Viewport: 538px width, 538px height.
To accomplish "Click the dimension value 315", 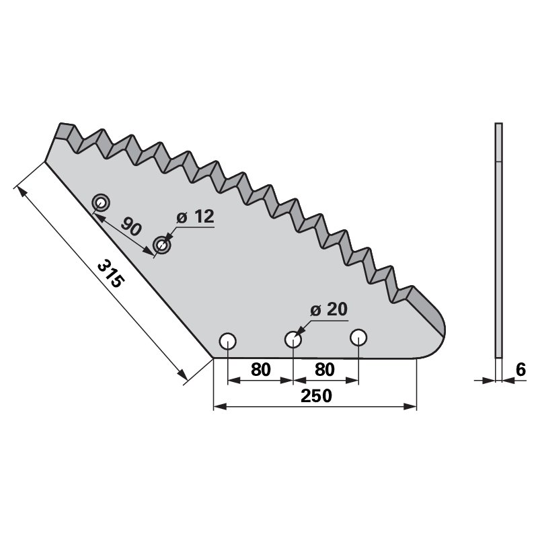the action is click(x=110, y=274).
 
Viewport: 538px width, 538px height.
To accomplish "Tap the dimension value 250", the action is click(x=316, y=395).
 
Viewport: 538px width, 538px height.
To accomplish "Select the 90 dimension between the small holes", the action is click(x=131, y=226).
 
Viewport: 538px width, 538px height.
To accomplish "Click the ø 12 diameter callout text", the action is click(x=195, y=217).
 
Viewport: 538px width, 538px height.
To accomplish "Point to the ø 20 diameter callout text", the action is click(x=329, y=310).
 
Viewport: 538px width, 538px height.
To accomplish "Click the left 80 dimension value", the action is click(x=261, y=370).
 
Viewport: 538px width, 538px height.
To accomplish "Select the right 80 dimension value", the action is click(x=325, y=370).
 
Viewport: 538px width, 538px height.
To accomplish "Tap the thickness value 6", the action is click(x=521, y=370).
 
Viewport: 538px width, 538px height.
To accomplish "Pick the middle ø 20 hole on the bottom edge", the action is click(x=293, y=340).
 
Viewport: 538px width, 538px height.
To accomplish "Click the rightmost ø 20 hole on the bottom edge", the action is click(x=358, y=338).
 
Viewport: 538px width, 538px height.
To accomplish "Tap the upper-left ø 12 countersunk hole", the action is click(x=101, y=203).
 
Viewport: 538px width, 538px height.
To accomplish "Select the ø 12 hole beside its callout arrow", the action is click(x=161, y=245).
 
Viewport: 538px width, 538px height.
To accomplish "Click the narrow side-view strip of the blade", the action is click(x=499, y=240).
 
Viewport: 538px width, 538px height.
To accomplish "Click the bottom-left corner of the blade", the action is click(x=213, y=358).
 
